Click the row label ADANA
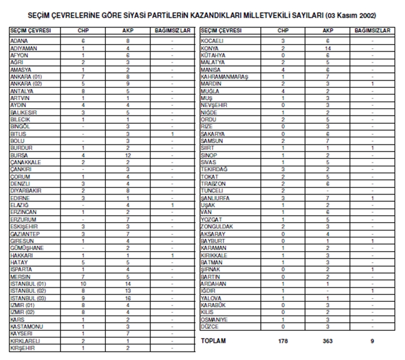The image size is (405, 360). (x=19, y=40)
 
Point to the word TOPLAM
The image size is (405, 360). (x=214, y=341)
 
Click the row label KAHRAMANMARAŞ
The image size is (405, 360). (x=224, y=77)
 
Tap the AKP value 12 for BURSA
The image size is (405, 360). (x=128, y=156)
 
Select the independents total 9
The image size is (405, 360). (x=372, y=341)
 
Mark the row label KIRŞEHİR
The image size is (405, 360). (x=22, y=347)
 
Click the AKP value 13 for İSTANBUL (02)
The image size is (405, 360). (x=128, y=291)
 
